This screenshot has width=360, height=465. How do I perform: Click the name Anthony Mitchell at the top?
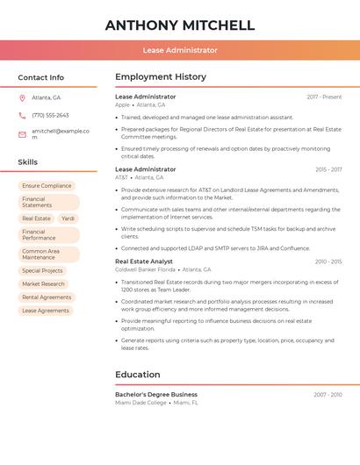(179, 25)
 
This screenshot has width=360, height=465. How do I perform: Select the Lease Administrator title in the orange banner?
(179, 50)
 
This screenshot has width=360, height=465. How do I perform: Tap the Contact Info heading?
(40, 77)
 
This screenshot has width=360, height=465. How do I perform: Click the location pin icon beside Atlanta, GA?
(22, 97)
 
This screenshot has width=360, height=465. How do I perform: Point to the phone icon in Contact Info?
(22, 115)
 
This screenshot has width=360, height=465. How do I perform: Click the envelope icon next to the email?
(22, 133)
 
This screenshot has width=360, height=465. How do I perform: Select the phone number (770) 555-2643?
(50, 115)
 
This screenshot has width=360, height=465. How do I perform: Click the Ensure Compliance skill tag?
(47, 186)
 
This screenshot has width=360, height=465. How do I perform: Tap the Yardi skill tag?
(68, 218)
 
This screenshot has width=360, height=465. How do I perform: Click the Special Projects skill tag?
(43, 271)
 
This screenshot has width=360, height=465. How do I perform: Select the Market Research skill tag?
(43, 284)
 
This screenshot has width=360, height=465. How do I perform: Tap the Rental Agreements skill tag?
(47, 297)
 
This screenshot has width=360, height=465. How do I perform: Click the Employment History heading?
(160, 77)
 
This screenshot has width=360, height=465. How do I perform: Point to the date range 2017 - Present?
(324, 97)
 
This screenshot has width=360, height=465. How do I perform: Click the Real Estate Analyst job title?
(144, 261)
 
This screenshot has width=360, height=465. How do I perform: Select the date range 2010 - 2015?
(328, 261)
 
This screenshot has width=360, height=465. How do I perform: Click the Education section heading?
(137, 375)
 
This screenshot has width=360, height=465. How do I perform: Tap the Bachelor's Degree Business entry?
(156, 395)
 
